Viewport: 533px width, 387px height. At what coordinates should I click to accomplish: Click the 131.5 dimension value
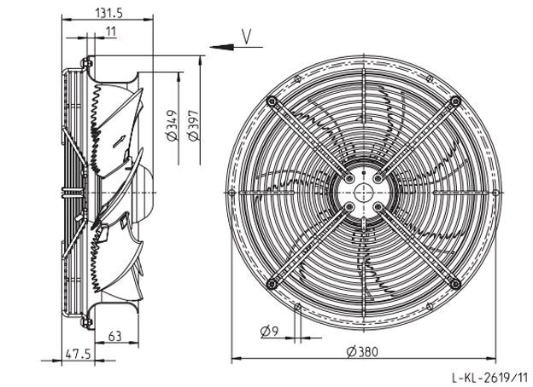[108, 13]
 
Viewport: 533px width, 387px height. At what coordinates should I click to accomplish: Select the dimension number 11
[111, 32]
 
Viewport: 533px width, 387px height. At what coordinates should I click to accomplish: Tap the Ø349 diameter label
[172, 125]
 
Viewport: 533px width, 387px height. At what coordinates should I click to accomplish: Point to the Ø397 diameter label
[193, 125]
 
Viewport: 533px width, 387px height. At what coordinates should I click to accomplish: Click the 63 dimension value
[115, 336]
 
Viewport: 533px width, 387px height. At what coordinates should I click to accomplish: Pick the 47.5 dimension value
[79, 354]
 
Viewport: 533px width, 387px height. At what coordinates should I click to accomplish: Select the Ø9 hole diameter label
[270, 331]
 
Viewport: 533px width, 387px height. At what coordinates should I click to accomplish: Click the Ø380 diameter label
[362, 352]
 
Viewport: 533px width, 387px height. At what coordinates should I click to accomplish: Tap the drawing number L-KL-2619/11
[489, 377]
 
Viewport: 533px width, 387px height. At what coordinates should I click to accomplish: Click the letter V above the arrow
[247, 37]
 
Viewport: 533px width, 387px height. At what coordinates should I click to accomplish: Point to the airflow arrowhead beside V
[221, 47]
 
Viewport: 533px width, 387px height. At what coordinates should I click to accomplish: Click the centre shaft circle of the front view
[363, 193]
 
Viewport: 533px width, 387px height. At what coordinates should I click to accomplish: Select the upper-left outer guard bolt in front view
[272, 101]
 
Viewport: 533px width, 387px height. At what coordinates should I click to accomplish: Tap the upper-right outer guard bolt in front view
[455, 101]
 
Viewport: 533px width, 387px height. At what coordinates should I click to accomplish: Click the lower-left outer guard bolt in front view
[272, 284]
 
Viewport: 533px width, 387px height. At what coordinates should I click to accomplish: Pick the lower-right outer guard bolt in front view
[455, 284]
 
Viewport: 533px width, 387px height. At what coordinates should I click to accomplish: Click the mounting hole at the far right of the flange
[495, 193]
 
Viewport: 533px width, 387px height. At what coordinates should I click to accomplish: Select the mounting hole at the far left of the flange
[231, 193]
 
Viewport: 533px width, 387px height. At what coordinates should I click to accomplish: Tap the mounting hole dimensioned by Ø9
[297, 307]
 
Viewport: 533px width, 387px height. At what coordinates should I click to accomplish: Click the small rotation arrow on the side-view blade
[119, 142]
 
